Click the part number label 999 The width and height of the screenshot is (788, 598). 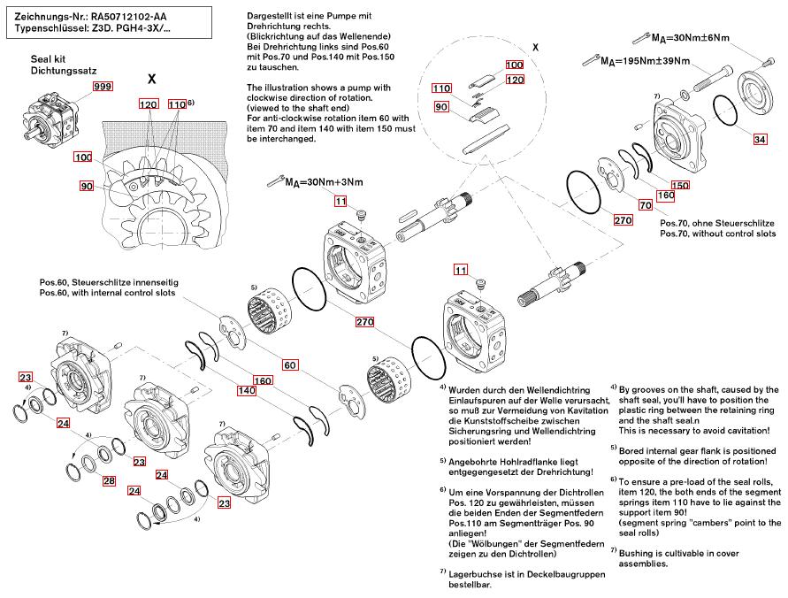click(x=103, y=86)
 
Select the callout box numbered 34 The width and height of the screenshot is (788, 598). click(x=760, y=140)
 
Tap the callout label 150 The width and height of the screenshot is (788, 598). click(x=680, y=185)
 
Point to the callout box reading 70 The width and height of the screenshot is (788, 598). click(x=646, y=204)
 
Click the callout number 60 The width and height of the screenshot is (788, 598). click(x=290, y=364)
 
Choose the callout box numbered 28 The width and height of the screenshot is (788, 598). click(x=109, y=481)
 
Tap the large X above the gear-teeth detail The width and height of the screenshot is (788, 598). click(x=152, y=78)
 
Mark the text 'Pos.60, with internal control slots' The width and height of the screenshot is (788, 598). click(x=107, y=293)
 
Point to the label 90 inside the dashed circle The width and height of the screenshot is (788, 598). click(x=440, y=106)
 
